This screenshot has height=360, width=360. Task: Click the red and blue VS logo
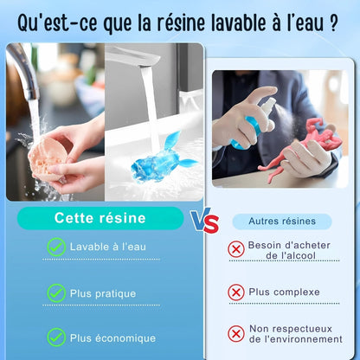tap(204, 221)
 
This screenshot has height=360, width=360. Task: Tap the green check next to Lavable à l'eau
tap(56, 247)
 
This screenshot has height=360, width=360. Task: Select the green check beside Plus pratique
tap(56, 293)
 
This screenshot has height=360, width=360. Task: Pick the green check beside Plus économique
tap(56, 337)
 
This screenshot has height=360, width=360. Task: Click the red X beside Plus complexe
tap(236, 292)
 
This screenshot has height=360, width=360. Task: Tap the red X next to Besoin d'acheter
tap(236, 249)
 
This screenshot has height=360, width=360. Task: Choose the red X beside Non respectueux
tap(236, 334)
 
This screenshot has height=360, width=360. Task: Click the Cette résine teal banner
tap(100, 218)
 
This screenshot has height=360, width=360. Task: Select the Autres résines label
tap(282, 222)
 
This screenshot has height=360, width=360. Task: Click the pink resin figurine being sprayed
tap(300, 150)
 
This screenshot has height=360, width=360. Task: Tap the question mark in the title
tap(333, 22)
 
